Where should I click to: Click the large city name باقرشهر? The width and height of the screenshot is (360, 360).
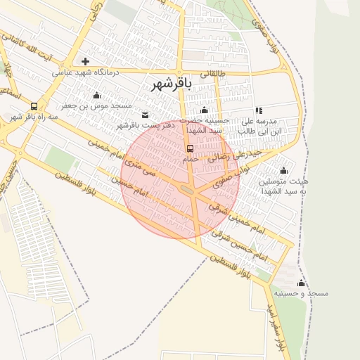[x=172, y=84]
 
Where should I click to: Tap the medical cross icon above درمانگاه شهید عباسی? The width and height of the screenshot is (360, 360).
[x=86, y=61]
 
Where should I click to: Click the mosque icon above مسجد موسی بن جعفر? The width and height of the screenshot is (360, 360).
[x=96, y=95]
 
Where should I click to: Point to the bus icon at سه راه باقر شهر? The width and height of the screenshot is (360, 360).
[x=34, y=107]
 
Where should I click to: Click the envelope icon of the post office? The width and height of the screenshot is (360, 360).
[x=146, y=115]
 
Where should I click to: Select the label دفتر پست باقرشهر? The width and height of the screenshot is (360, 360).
[x=149, y=124]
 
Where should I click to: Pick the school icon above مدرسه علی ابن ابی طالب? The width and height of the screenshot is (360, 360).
[x=259, y=110]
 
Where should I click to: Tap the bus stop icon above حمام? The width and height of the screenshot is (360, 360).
[x=190, y=148]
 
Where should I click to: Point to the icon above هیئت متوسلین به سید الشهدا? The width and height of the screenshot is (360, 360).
[x=283, y=170]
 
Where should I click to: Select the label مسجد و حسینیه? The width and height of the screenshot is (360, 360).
[x=302, y=292]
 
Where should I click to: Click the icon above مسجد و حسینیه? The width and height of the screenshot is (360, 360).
[x=302, y=283]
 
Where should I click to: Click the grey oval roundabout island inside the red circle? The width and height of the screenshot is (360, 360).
[x=188, y=189]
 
